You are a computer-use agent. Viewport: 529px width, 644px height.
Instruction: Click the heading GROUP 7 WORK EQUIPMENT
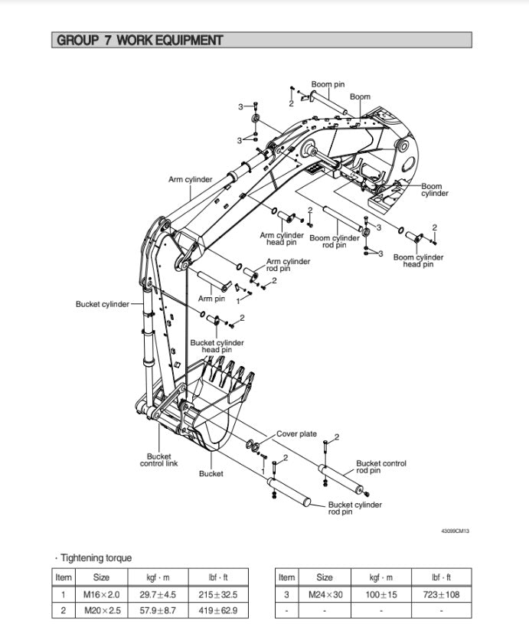[140, 41]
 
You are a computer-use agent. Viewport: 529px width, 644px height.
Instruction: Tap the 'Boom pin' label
[327, 84]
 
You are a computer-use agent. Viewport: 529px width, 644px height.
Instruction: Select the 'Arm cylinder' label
[191, 180]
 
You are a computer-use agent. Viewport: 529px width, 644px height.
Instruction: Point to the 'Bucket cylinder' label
[103, 304]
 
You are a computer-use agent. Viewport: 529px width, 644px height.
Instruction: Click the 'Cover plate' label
[296, 434]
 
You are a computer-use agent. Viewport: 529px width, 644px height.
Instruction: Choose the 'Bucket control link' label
[158, 460]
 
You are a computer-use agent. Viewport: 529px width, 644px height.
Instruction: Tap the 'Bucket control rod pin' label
[380, 466]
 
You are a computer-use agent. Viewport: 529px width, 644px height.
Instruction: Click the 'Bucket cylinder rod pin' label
[354, 508]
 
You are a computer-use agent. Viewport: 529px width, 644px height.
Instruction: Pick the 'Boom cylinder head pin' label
[418, 261]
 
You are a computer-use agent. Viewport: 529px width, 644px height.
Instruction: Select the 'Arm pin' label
[211, 299]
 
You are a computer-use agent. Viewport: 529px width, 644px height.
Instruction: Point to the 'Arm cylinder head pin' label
[282, 239]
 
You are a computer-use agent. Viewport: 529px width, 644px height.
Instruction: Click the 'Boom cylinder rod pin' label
[334, 241]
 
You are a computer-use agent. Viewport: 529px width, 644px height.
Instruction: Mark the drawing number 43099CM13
[455, 531]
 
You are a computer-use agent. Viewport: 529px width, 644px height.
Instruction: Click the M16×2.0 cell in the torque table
[101, 594]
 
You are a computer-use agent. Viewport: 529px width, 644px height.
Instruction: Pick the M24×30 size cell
[325, 594]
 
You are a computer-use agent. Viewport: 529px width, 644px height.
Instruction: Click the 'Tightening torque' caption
[96, 558]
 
